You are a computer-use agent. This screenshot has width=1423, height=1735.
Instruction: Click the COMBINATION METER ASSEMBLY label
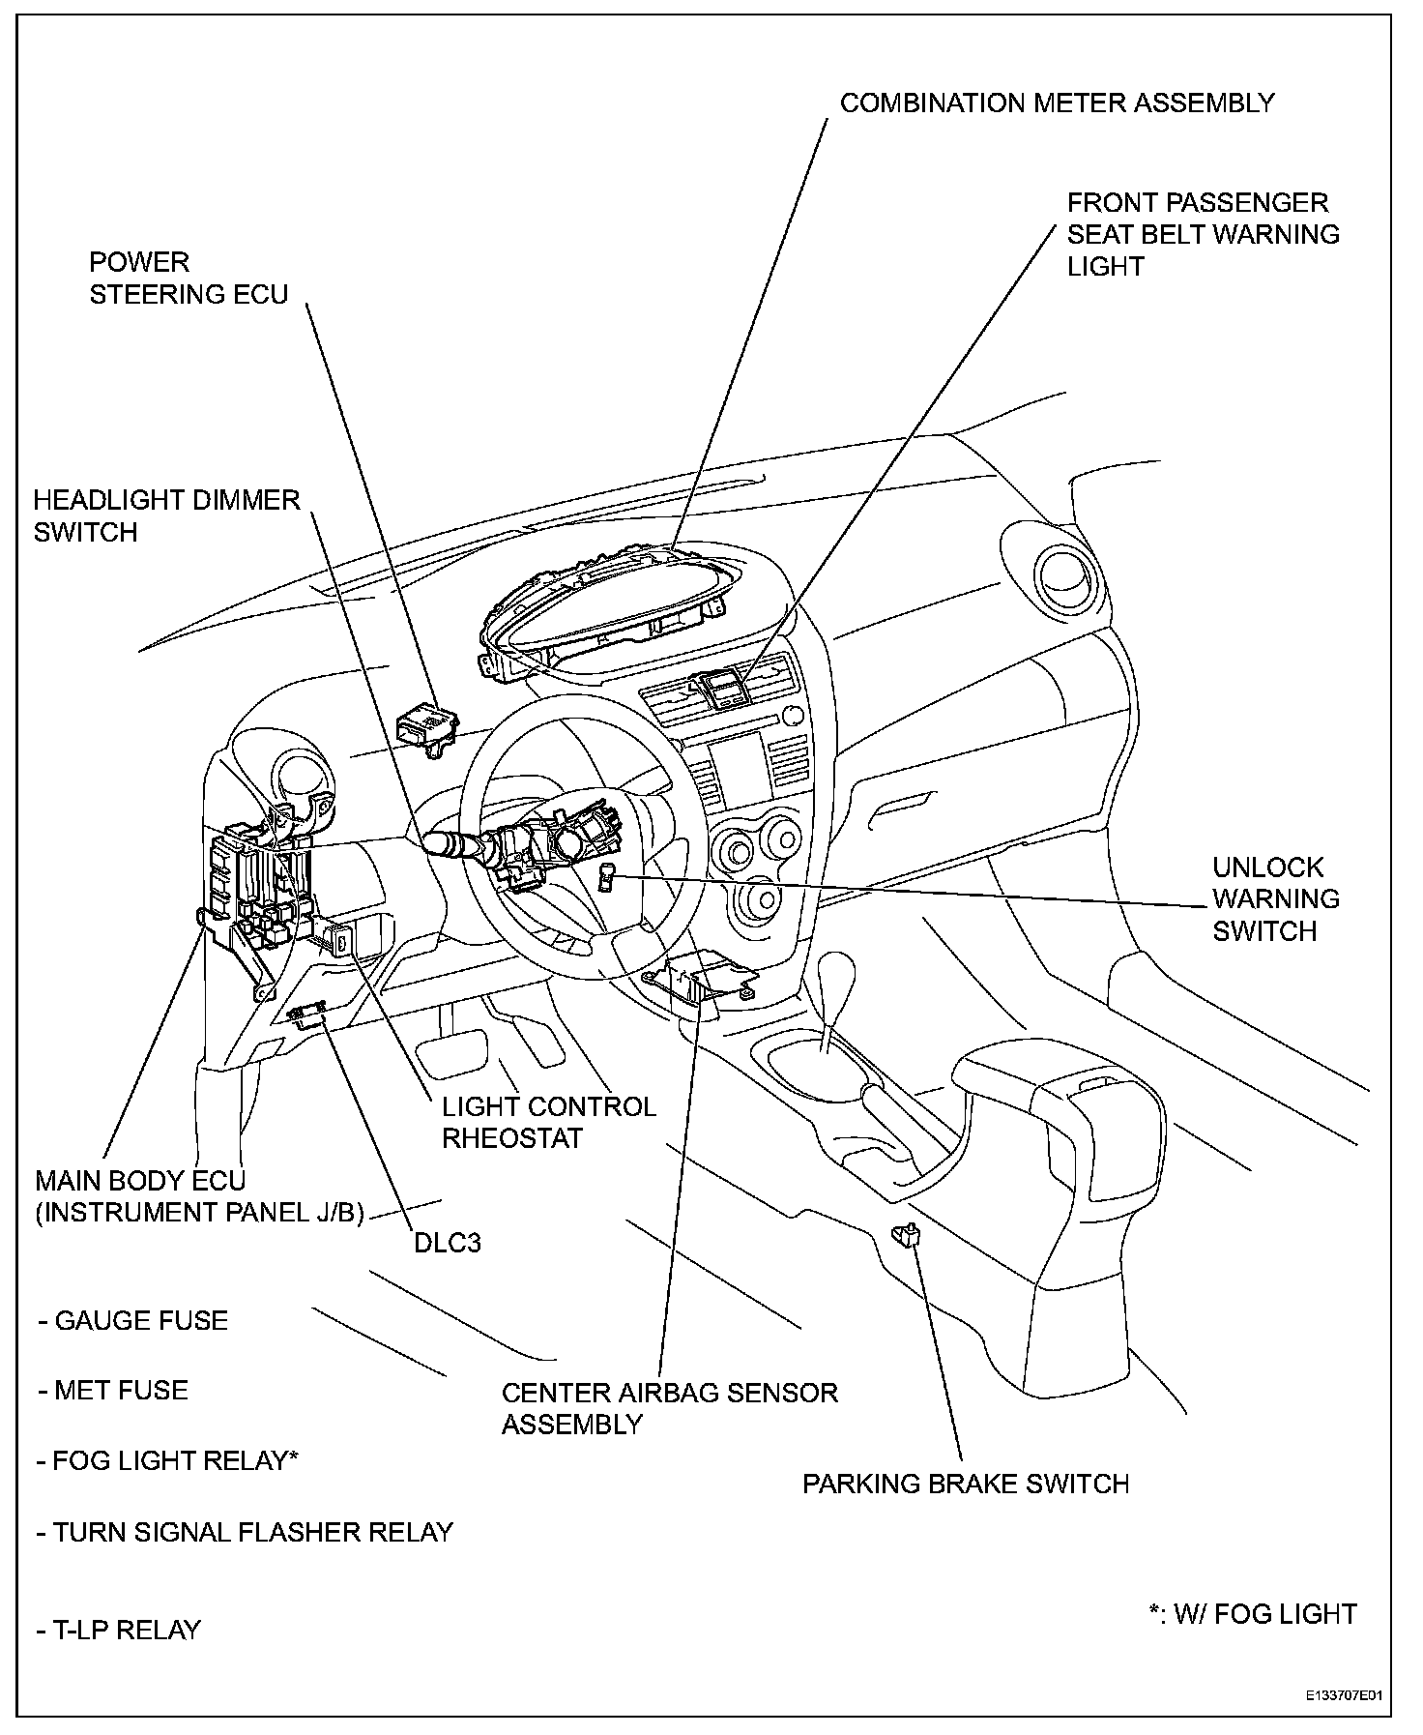(x=1057, y=103)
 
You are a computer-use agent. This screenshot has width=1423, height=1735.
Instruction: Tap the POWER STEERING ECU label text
(x=189, y=278)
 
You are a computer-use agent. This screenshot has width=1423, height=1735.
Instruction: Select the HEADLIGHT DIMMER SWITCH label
(x=166, y=515)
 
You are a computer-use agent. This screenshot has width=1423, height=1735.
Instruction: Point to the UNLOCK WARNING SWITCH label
(x=1275, y=898)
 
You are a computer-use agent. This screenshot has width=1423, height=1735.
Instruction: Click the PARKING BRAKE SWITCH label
(x=965, y=1484)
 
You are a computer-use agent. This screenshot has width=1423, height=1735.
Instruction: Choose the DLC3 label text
(x=447, y=1242)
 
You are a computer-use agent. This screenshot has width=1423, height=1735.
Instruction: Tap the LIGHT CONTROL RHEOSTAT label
(x=548, y=1122)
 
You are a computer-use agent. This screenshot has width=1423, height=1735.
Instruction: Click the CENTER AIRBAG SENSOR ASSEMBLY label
(x=669, y=1408)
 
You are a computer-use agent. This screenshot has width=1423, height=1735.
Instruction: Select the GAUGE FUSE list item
(x=132, y=1321)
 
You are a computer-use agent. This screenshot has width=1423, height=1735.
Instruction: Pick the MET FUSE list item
(x=113, y=1391)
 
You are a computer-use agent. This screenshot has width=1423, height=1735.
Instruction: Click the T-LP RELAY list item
(x=119, y=1630)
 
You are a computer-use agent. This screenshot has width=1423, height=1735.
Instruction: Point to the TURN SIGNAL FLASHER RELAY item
(x=245, y=1532)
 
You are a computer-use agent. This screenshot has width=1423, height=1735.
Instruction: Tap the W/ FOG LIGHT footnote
(x=1252, y=1614)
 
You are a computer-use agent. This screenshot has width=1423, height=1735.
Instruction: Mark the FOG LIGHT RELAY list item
(x=166, y=1460)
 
